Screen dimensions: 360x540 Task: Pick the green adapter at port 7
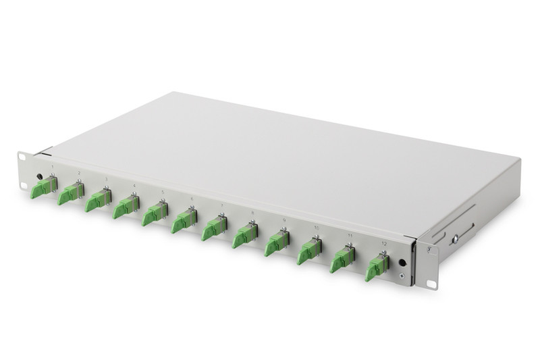tap(214, 228)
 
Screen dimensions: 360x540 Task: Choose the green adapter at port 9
tap(276, 244)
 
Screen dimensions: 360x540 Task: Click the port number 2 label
tap(79, 173)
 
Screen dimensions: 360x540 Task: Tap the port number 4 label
tap(133, 185)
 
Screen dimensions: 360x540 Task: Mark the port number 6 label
tap(191, 199)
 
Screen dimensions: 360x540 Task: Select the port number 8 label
tap(252, 213)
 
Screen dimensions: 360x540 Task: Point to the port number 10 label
tap(317, 228)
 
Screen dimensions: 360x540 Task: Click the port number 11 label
tap(350, 235)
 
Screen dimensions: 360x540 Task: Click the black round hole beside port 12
tap(402, 263)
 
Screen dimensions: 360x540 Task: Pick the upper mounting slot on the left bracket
tap(21, 158)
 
